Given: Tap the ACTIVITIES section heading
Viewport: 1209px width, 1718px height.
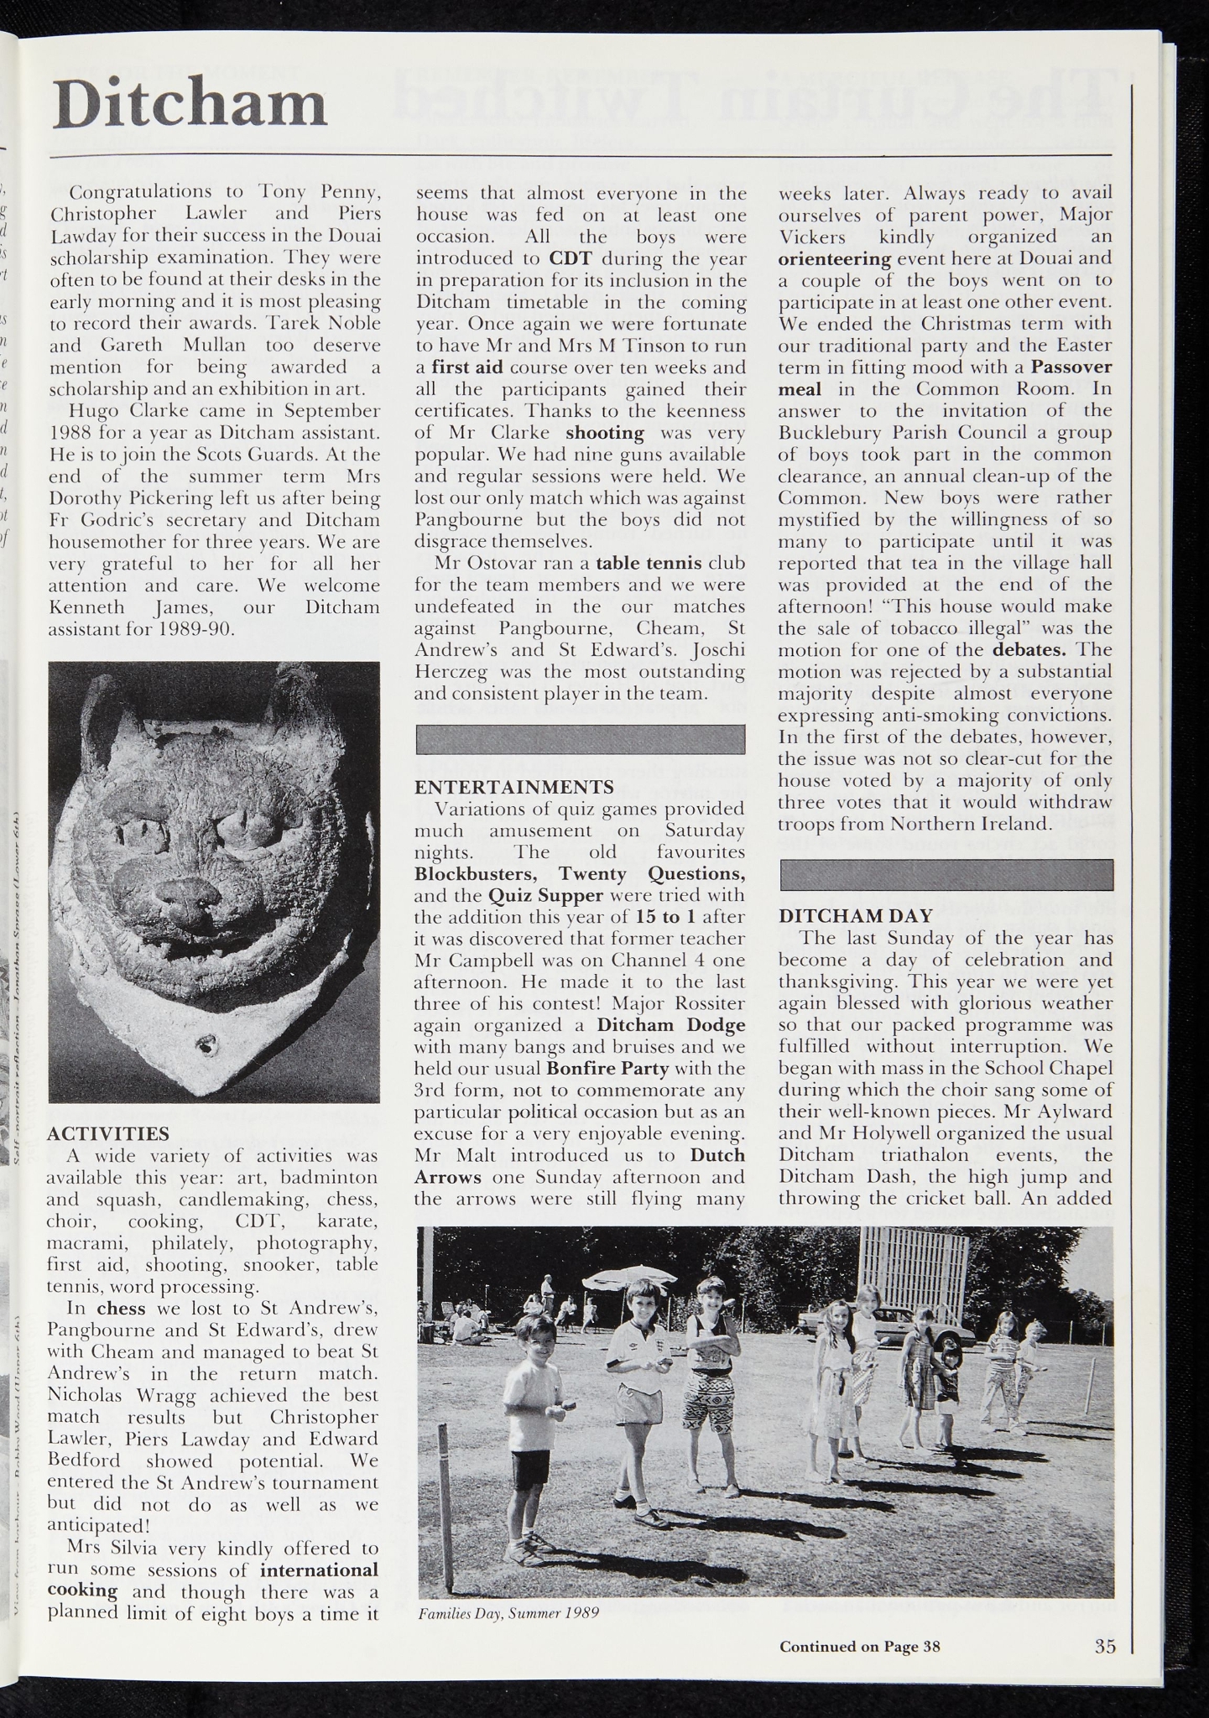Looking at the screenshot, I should (108, 1133).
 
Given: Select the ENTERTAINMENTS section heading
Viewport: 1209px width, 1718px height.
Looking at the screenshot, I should (513, 787).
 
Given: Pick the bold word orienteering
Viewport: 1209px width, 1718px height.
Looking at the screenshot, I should (834, 258).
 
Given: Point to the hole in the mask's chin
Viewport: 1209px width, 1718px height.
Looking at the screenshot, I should (206, 1045).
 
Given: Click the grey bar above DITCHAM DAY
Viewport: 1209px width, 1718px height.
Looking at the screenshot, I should (946, 875).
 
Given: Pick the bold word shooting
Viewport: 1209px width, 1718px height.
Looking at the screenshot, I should (604, 433).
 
